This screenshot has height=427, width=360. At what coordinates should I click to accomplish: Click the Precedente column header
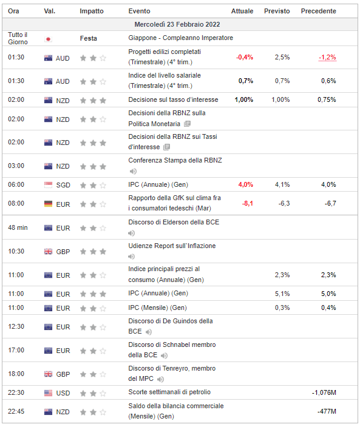coord(318,11)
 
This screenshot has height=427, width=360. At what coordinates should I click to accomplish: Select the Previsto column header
coord(277,11)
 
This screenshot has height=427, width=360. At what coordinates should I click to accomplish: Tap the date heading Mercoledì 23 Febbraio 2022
coord(177,24)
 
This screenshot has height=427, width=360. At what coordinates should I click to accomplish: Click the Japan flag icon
coord(48,39)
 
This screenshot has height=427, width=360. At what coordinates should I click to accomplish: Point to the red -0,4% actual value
coord(245,57)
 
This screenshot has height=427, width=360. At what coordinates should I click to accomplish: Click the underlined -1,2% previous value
coord(327,57)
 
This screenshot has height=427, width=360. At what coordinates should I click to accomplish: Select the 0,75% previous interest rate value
coord(327,99)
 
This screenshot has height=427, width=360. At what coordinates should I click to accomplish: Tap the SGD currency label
coord(63,185)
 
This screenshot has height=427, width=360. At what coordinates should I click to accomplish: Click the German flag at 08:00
coord(48,204)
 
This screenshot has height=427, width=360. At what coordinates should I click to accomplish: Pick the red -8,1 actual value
coord(248,203)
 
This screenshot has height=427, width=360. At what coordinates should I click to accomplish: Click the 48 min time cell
coord(18,227)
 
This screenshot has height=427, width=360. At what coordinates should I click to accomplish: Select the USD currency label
coord(63,393)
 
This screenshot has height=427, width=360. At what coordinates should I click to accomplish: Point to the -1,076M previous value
coord(324,392)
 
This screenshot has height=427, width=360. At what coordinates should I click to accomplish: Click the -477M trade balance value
coord(327,411)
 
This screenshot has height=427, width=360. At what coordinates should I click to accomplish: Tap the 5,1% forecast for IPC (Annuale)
coord(282,294)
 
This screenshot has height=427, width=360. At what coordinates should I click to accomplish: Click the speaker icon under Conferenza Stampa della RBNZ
coord(133,171)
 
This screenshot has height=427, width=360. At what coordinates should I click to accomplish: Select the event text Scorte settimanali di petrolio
coord(169,392)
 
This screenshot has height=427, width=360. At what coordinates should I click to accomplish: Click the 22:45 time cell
coord(16,411)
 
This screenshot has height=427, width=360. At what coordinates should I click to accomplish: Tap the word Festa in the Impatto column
coord(88,38)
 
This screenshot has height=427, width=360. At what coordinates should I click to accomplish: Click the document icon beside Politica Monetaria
coord(187,124)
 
